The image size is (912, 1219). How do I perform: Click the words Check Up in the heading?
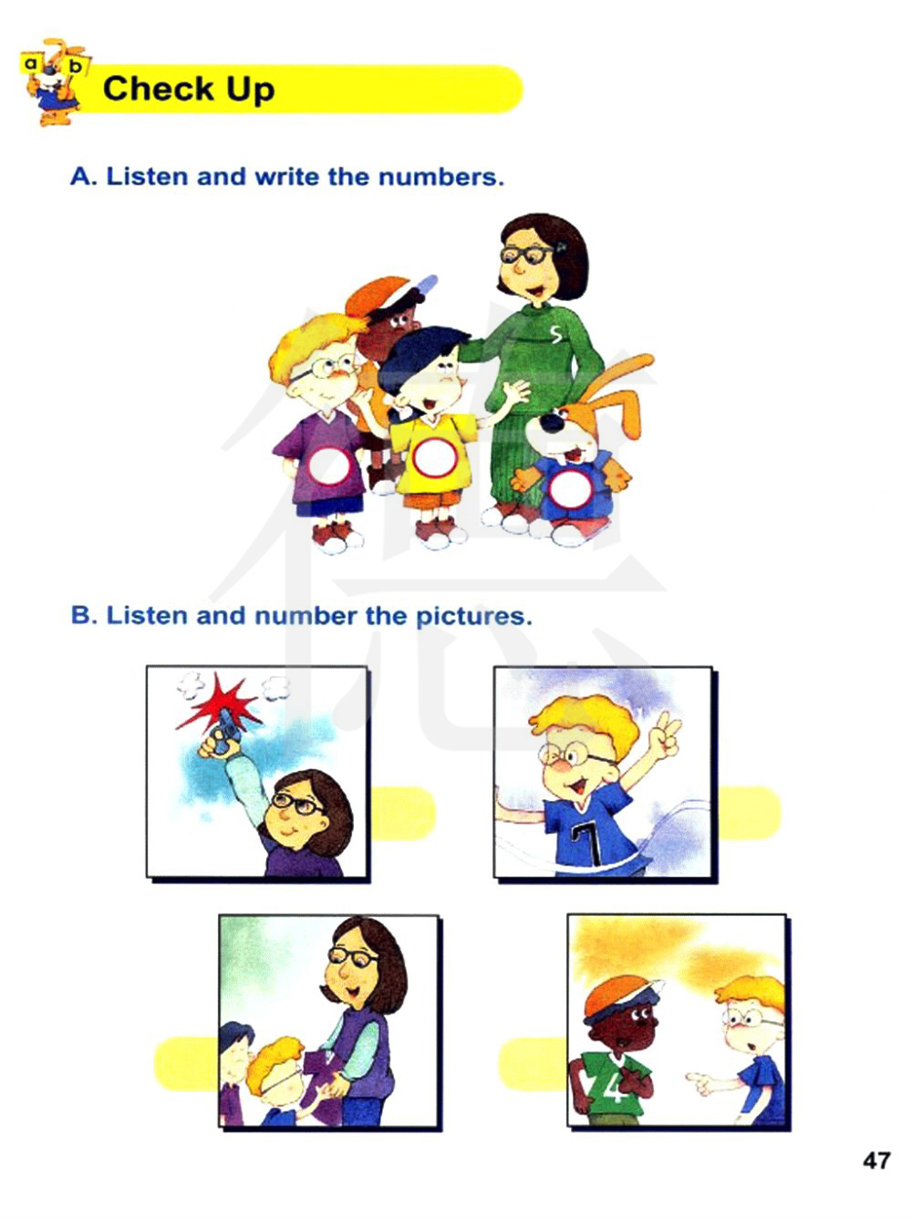(x=188, y=89)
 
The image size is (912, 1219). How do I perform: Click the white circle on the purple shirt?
(x=329, y=466)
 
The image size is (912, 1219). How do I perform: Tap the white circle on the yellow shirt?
(x=435, y=457)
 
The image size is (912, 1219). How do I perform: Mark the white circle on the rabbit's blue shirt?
(x=569, y=488)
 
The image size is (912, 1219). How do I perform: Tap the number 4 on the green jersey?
(x=615, y=1079)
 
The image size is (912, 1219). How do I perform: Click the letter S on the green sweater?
(x=555, y=333)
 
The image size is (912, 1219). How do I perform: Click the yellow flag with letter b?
(x=76, y=67)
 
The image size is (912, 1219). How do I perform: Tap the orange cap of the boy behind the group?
(x=378, y=297)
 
